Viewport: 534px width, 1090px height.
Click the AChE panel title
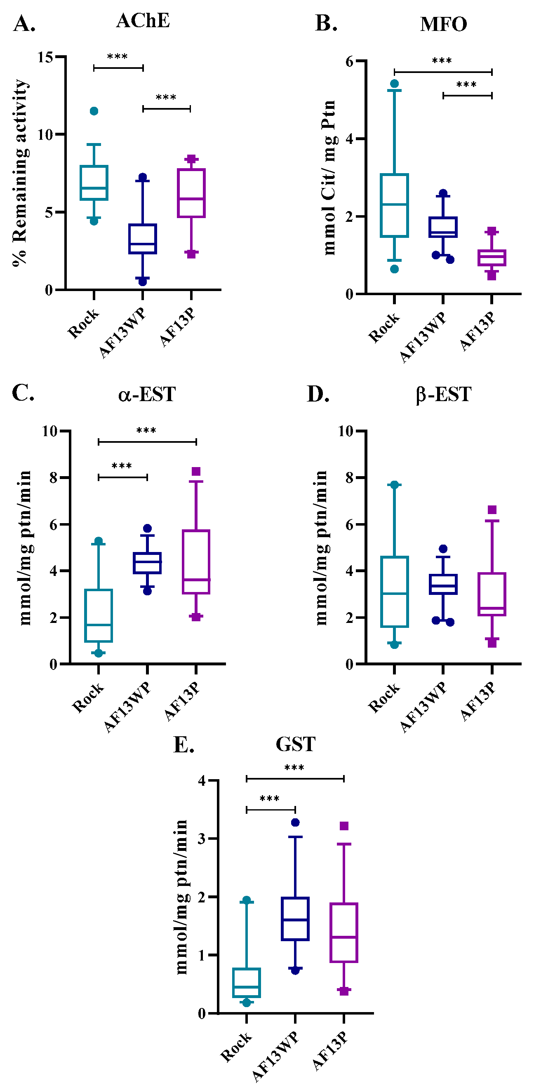click(x=143, y=20)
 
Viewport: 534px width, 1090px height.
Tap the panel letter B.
click(x=326, y=23)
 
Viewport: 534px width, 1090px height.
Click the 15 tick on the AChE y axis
click(x=45, y=57)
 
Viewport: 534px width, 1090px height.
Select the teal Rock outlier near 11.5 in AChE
click(x=94, y=111)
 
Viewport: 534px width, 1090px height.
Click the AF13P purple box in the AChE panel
click(x=191, y=193)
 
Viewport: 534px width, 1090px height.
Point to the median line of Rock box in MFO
click(x=394, y=204)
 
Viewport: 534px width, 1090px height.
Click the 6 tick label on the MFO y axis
click(x=350, y=61)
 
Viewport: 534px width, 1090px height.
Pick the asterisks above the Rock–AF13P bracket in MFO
click(x=442, y=61)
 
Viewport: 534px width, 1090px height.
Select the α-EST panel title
click(x=146, y=395)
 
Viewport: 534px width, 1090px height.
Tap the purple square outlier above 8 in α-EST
click(x=196, y=471)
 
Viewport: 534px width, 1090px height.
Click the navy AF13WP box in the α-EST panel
click(x=147, y=563)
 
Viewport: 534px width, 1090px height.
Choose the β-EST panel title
click(x=443, y=395)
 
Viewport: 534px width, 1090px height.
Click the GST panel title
click(x=295, y=744)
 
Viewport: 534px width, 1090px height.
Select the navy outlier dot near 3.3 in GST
click(x=295, y=822)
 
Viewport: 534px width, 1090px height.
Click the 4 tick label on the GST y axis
click(x=202, y=780)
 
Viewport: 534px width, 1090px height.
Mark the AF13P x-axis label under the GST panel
click(x=331, y=1051)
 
